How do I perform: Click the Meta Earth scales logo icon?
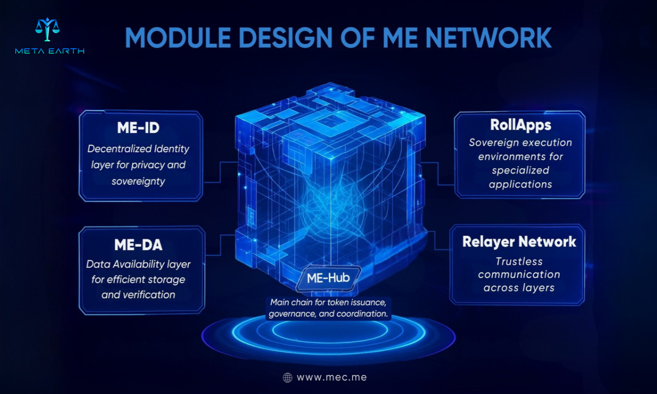pyautogui.click(x=47, y=30)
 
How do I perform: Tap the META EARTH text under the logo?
pyautogui.click(x=50, y=51)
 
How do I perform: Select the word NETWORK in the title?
pyautogui.click(x=488, y=38)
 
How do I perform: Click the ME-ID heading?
pyautogui.click(x=138, y=128)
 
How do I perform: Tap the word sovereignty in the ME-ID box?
pyautogui.click(x=138, y=182)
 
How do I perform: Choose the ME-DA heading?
pyautogui.click(x=138, y=245)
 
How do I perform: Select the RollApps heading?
pyautogui.click(x=521, y=125)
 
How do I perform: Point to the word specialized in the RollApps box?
pyautogui.click(x=520, y=170)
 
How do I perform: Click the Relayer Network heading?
pyautogui.click(x=519, y=242)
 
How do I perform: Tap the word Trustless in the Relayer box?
pyautogui.click(x=519, y=261)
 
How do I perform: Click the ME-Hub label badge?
pyautogui.click(x=328, y=278)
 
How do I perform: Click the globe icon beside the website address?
pyautogui.click(x=287, y=378)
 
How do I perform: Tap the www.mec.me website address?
pyautogui.click(x=332, y=378)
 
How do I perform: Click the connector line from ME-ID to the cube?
pyautogui.click(x=220, y=172)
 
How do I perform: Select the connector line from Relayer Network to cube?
pyautogui.click(x=435, y=240)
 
